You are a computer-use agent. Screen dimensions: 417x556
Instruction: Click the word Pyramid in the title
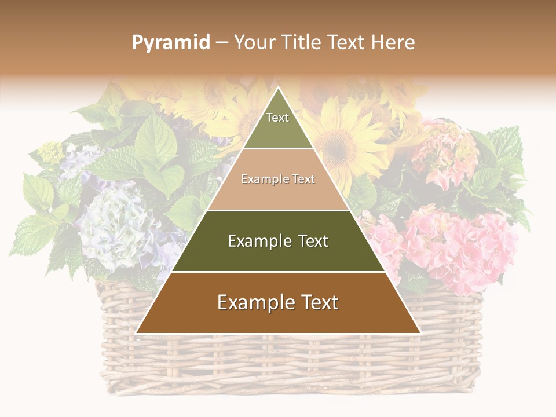point(170,43)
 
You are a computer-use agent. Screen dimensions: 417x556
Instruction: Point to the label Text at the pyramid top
point(277,118)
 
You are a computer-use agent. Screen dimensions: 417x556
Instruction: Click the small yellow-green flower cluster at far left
point(51,152)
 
